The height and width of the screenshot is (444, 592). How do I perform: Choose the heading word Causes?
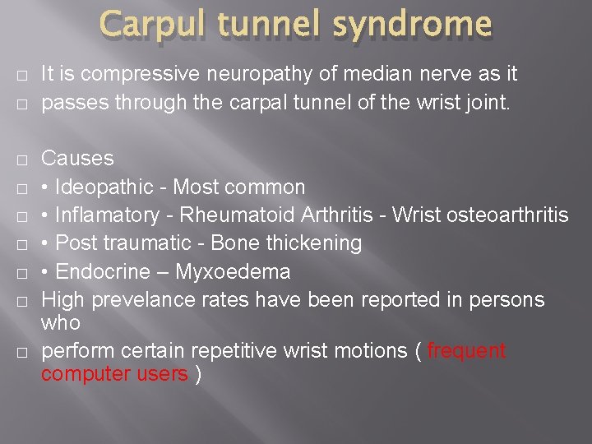click(x=77, y=158)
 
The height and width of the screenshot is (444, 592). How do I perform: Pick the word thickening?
click(x=316, y=243)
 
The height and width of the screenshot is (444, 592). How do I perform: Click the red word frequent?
click(x=466, y=350)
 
